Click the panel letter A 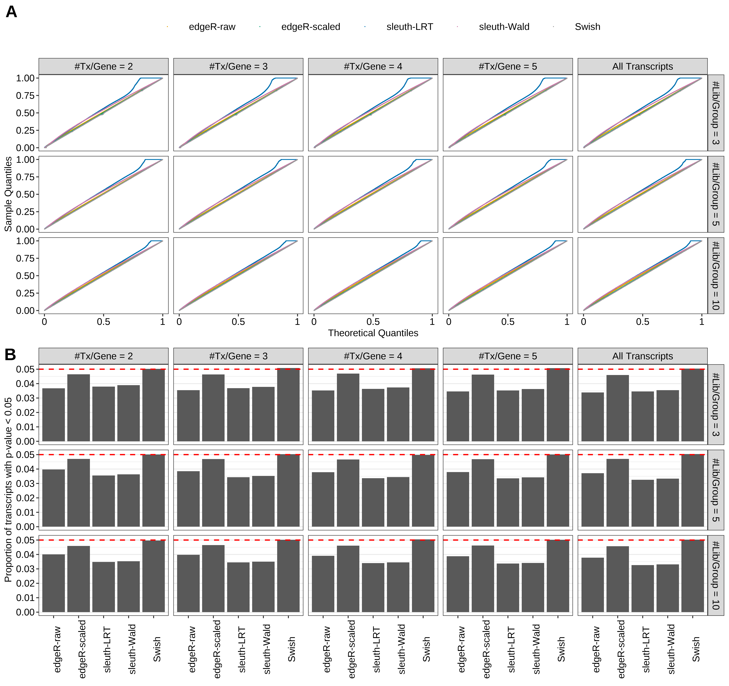tap(11, 12)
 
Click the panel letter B tap(10, 355)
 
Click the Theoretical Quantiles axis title tap(373, 333)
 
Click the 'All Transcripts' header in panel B tap(643, 356)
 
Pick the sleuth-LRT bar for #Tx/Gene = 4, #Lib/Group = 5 tap(373, 502)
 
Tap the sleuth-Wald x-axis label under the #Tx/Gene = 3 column tap(267, 649)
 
